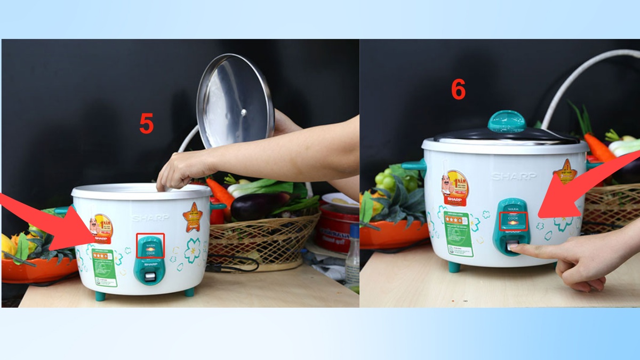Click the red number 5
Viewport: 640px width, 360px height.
click(146, 124)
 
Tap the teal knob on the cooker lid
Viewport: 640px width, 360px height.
click(507, 121)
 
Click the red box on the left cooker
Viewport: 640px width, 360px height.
click(150, 245)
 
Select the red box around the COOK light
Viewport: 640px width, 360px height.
click(513, 221)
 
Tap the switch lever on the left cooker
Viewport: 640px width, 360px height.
click(150, 276)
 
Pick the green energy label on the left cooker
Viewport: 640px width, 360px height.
click(105, 267)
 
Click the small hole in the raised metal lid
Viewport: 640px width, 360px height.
click(243, 112)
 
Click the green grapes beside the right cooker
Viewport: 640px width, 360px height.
click(392, 181)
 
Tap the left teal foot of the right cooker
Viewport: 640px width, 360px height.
click(454, 267)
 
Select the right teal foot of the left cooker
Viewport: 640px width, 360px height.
click(189, 292)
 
